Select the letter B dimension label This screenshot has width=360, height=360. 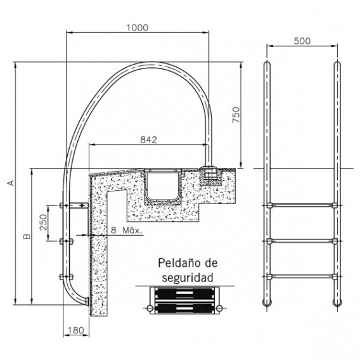26,236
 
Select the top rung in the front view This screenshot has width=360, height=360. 302,205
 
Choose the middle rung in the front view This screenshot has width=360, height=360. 302,240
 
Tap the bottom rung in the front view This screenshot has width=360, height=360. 302,274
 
